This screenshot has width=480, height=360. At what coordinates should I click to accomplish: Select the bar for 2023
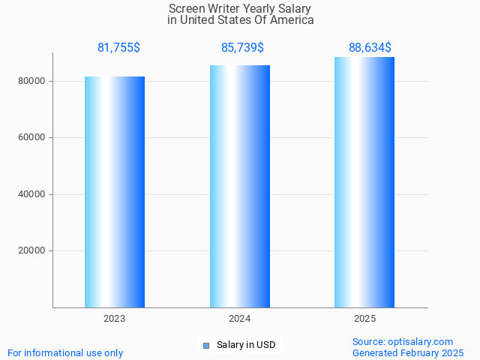tap(115, 192)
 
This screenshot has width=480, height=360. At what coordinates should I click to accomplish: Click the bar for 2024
tap(240, 186)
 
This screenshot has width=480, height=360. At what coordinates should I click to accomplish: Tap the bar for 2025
tap(364, 182)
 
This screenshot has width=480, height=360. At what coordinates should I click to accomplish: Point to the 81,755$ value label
tap(118, 48)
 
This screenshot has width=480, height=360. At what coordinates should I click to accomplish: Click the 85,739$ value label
tap(242, 48)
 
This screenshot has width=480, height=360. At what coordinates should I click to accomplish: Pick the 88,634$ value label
tap(370, 48)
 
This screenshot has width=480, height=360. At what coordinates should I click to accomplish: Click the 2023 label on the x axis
tap(115, 319)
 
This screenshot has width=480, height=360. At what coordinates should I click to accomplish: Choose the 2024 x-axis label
tap(240, 319)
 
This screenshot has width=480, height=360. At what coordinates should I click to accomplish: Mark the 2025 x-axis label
tap(365, 319)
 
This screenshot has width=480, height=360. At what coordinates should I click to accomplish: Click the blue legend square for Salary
tap(206, 346)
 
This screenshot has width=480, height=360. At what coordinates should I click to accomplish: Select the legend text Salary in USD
tap(246, 345)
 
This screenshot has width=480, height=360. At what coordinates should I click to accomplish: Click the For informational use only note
tap(65, 352)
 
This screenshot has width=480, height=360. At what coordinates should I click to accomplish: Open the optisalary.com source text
tap(420, 341)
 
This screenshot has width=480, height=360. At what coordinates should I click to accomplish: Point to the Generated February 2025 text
tap(408, 352)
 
